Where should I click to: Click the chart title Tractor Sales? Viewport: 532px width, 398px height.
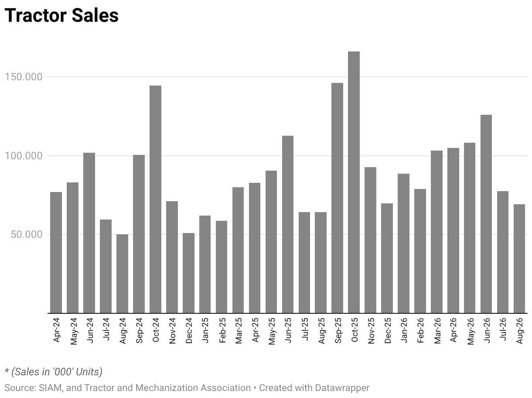tap(61, 16)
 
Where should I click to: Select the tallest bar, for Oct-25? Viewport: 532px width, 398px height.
tap(354, 182)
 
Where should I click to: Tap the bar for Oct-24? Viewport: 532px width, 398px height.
tap(155, 199)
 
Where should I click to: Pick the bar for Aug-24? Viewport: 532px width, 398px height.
tap(122, 274)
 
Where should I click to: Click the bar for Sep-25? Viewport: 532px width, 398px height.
tap(337, 198)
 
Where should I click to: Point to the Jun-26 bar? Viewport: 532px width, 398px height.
tap(486, 214)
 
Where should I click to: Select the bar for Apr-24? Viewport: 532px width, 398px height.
tap(56, 253)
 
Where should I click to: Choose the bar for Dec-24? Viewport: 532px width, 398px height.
tap(188, 273)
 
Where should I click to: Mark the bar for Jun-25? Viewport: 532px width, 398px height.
tap(288, 224)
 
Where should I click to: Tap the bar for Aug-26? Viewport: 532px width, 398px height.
tap(519, 258)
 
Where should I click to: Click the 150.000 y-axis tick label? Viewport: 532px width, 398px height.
tap(24, 77)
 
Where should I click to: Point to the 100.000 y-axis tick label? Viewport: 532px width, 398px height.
tap(24, 156)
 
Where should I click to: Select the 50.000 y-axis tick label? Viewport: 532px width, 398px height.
tap(27, 234)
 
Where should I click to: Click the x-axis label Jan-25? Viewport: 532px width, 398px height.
tap(205, 330)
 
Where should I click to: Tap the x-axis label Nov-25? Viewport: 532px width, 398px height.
tap(371, 331)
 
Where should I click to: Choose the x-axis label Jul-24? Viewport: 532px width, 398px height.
tap(106, 329)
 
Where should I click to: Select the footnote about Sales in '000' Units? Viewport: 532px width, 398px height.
tap(54, 371)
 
